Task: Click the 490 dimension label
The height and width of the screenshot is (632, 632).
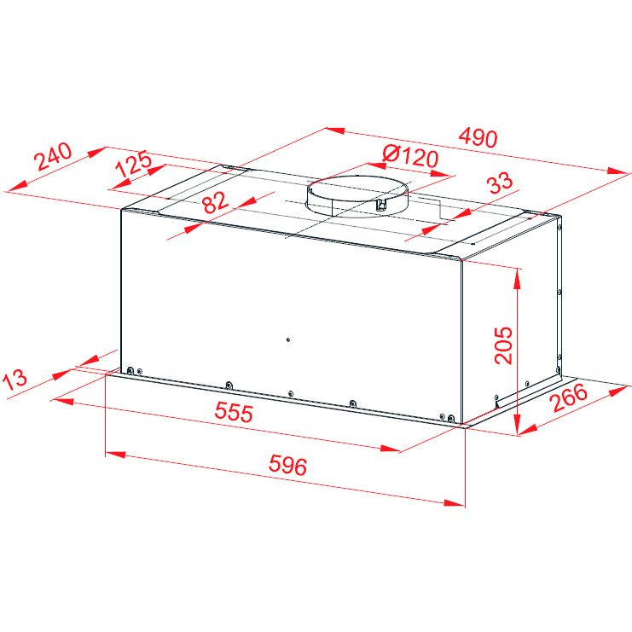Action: (x=478, y=137)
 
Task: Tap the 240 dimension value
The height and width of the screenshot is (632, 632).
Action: (x=53, y=156)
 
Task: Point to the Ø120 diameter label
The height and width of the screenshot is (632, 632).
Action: (x=410, y=156)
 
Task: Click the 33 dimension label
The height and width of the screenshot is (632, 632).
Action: (x=500, y=183)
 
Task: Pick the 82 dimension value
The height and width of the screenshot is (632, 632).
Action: (x=215, y=202)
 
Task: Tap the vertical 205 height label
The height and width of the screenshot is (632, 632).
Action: (x=503, y=345)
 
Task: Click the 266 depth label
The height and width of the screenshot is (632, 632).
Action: (x=569, y=397)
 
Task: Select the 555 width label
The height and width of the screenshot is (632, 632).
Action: (x=234, y=412)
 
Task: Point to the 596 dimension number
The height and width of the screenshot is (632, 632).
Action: (x=287, y=465)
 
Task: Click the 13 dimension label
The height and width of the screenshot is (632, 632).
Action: (x=14, y=380)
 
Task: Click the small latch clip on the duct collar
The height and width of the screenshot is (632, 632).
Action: (x=381, y=205)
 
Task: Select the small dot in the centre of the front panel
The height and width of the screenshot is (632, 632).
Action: (x=288, y=339)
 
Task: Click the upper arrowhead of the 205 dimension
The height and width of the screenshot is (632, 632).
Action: (x=517, y=279)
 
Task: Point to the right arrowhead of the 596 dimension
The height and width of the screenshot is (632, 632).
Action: (x=455, y=502)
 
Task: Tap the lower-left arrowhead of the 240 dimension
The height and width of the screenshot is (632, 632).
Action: (x=18, y=185)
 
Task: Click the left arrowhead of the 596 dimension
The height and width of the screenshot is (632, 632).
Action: (x=116, y=455)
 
